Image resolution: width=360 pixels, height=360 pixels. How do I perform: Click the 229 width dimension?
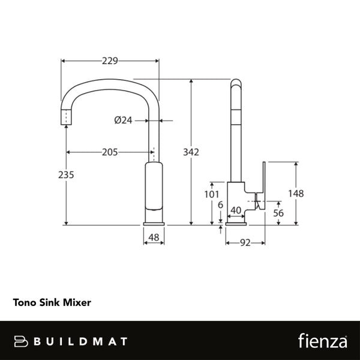(x=110, y=61)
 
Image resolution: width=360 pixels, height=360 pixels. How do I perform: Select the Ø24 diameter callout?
(x=123, y=120)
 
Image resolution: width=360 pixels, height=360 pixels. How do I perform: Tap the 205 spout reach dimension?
(x=109, y=152)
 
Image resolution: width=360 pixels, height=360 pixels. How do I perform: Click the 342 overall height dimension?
(x=191, y=152)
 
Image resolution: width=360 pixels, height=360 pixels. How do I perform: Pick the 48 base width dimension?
(x=153, y=238)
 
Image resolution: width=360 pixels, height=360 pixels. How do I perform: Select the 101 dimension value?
(x=211, y=194)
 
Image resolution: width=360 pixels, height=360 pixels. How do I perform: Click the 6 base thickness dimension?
(x=221, y=205)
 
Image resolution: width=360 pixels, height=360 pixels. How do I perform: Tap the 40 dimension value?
(x=236, y=211)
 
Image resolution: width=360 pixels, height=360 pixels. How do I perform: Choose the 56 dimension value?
(x=278, y=213)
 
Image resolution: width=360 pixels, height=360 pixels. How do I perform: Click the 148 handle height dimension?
(x=296, y=194)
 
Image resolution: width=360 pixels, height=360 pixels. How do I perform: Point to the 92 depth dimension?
(x=245, y=243)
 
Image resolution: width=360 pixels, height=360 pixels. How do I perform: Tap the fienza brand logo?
(x=323, y=341)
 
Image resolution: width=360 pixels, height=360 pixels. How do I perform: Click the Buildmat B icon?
(x=22, y=341)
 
